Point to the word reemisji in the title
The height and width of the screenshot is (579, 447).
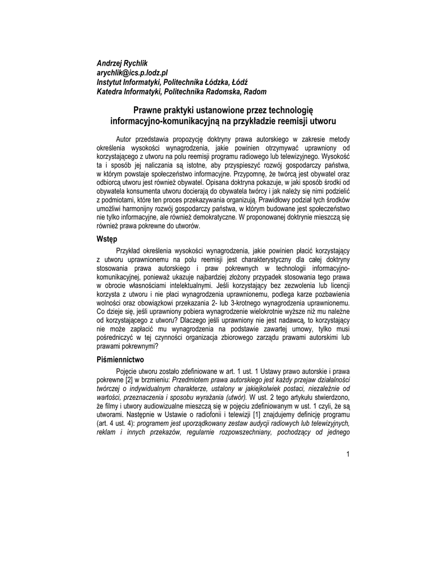coord(283,121)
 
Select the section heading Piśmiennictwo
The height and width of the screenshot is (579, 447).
coord(120,360)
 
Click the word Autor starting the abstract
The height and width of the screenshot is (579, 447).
coord(125,139)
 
